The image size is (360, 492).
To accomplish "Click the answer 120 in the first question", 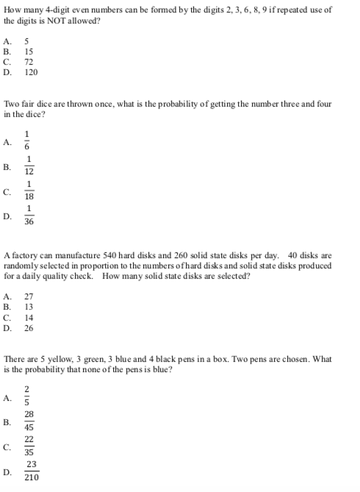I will pyautogui.click(x=31, y=73).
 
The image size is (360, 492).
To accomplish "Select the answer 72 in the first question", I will pyautogui.click(x=29, y=63).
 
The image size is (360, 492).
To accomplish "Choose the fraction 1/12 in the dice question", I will pyautogui.click(x=29, y=166).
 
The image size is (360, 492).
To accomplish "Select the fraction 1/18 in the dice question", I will pyautogui.click(x=29, y=191).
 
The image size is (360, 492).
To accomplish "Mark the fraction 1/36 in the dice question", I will pyautogui.click(x=29, y=216).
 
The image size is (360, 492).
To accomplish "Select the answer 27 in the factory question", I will pyautogui.click(x=29, y=296).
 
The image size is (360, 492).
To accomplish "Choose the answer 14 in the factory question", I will pyautogui.click(x=29, y=318).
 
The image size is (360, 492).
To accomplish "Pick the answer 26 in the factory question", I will pyautogui.click(x=29, y=328).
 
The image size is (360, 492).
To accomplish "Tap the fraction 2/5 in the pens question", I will pyautogui.click(x=27, y=397).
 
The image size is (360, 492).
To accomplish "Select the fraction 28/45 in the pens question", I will pyautogui.click(x=29, y=421).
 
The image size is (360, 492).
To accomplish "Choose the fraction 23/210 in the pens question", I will pyautogui.click(x=32, y=471).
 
